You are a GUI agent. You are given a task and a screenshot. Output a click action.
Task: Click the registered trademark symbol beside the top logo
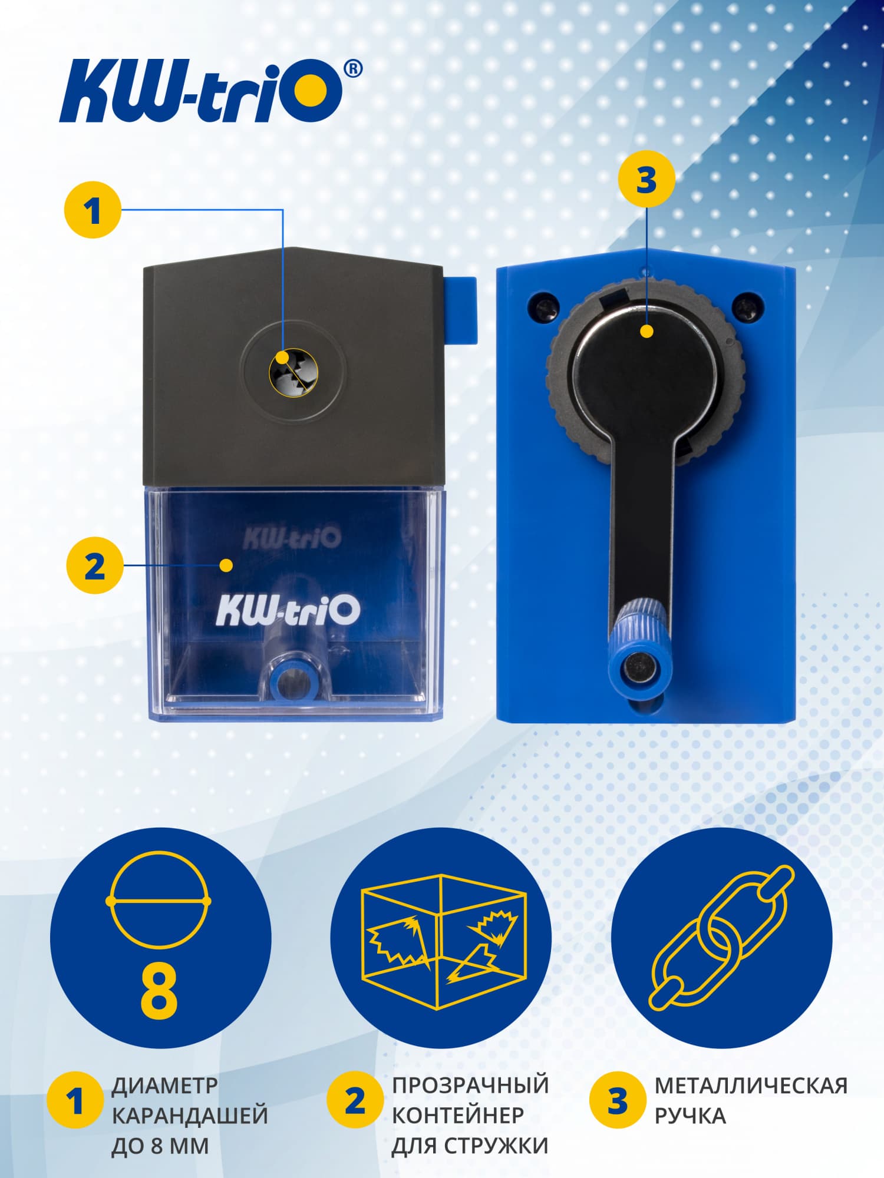point(352,69)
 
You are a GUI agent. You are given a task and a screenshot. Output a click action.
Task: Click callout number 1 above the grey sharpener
point(93,210)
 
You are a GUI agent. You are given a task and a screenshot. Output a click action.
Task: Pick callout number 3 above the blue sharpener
point(646,179)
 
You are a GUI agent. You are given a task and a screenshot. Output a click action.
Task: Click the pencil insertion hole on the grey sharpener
point(293,372)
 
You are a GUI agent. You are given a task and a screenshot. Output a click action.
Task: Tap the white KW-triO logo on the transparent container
point(288,610)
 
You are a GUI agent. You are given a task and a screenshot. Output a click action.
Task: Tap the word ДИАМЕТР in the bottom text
point(164,1085)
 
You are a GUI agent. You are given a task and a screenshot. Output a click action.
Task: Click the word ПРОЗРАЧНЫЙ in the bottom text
point(470,1085)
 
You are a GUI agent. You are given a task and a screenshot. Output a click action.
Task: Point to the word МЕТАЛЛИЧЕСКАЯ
point(751,1085)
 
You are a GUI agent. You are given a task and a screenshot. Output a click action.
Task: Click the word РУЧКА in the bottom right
point(690,1116)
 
